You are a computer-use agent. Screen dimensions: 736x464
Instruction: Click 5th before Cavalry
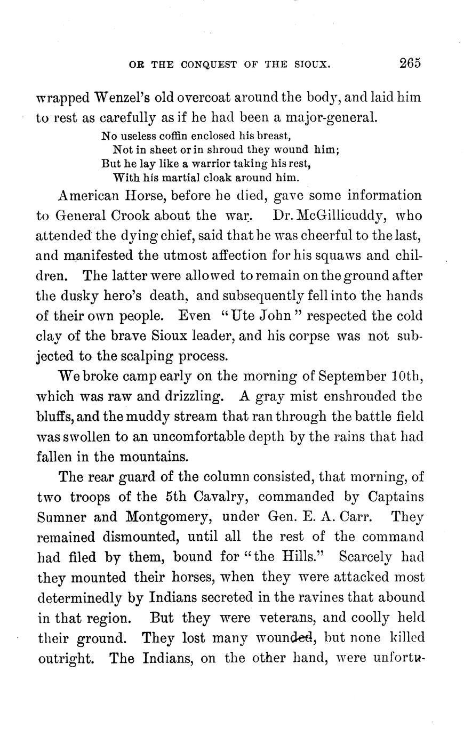(172, 497)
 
